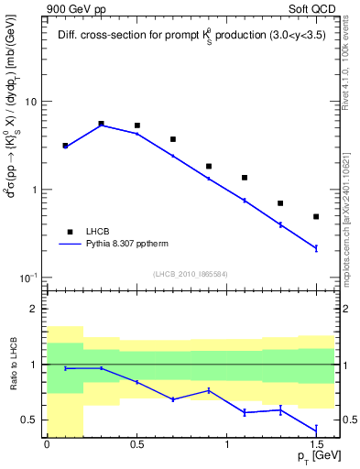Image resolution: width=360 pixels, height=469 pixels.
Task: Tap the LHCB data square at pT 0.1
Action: [x=65, y=145]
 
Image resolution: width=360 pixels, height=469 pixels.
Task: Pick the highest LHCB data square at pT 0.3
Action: [x=101, y=123]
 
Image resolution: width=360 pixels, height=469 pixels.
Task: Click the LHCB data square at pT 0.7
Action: [x=173, y=139]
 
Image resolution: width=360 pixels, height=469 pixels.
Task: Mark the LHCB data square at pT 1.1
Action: [x=245, y=178]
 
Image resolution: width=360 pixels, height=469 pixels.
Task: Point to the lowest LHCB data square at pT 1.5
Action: [x=316, y=216]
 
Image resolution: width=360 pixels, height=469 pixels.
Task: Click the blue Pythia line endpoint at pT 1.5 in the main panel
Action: [x=316, y=248]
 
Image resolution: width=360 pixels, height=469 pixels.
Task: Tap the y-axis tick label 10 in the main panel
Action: [x=29, y=102]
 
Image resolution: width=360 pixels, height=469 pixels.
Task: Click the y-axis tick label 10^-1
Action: [x=27, y=277]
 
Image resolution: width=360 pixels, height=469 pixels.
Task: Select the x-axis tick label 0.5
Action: [x=136, y=444]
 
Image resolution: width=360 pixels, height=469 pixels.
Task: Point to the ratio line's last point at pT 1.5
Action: [x=316, y=430]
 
